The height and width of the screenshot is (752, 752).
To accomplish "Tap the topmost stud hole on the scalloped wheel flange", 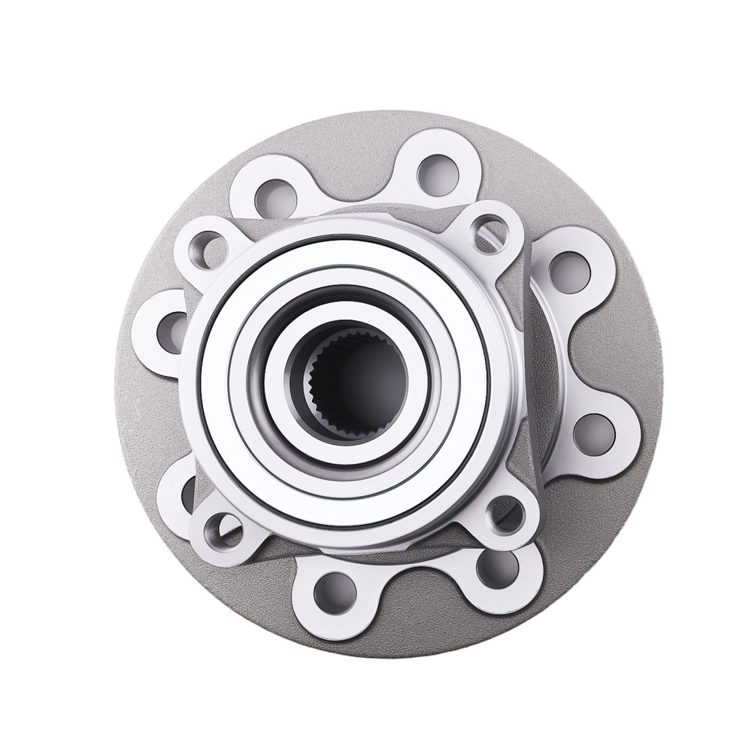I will click(x=438, y=172).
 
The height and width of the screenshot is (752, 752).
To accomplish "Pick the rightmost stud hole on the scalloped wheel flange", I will click(x=593, y=432).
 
